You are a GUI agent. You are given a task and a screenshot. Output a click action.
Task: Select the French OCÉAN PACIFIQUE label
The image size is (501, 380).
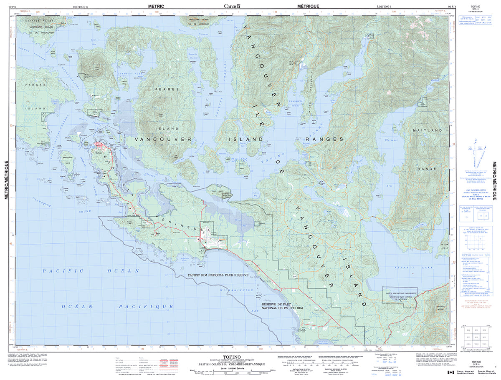[x=117, y=306]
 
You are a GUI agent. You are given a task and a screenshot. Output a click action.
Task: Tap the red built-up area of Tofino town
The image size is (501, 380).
[x=100, y=145]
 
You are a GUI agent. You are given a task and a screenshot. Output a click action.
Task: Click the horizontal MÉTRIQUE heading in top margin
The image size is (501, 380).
[x=308, y=6]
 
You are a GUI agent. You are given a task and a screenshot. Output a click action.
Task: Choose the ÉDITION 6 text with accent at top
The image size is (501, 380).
[x=384, y=7]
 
